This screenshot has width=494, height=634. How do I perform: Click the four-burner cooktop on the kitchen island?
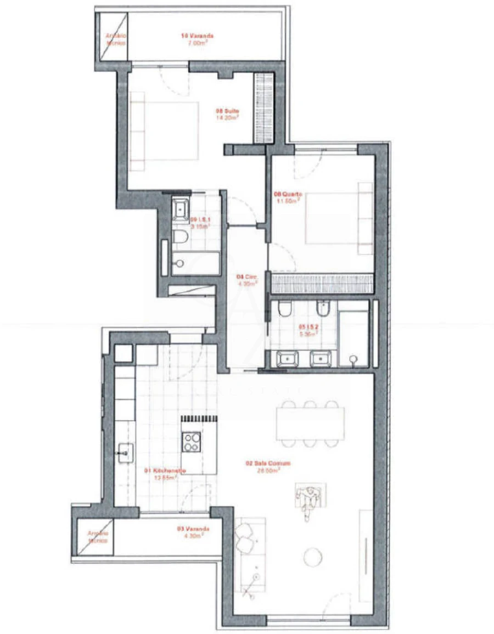pos(192,441)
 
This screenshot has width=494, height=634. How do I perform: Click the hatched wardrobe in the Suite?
pos(263,107)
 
